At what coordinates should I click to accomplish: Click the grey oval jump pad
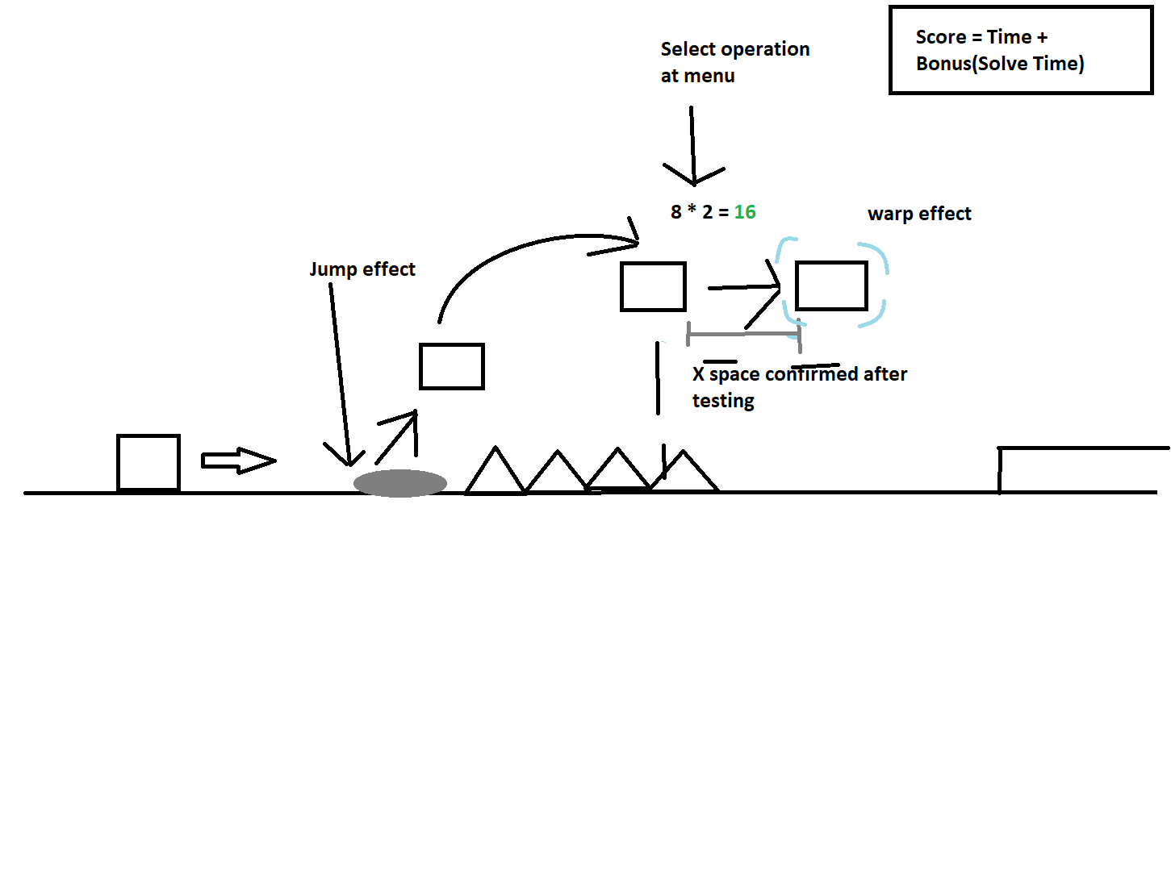400,483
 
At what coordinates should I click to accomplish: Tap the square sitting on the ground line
148,462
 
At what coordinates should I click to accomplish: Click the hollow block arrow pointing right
238,461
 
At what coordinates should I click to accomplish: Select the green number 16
745,212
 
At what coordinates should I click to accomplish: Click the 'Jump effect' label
362,269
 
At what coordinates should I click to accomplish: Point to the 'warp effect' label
919,214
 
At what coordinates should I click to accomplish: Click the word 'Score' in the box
940,37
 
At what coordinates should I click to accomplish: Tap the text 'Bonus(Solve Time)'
1000,64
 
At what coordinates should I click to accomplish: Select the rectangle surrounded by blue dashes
831,285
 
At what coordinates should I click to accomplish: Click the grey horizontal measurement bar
743,334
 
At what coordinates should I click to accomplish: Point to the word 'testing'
723,401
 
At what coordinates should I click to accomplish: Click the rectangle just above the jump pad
452,366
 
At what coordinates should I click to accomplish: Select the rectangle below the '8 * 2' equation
653,286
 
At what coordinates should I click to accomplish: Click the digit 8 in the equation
676,212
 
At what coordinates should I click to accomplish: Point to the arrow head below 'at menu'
694,177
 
